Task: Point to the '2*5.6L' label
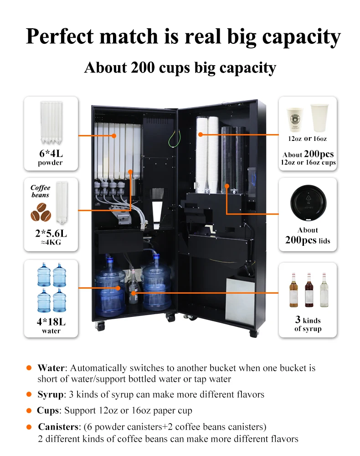tap(51, 234)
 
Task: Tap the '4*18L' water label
tap(51, 322)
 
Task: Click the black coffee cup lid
tap(308, 203)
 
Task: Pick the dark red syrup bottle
tap(309, 290)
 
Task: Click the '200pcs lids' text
tap(308, 240)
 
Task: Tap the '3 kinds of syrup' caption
tap(308, 324)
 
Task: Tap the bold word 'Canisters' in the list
tap(57, 427)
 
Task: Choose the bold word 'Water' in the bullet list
tap(51, 368)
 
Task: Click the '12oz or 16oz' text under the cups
tap(308, 138)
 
